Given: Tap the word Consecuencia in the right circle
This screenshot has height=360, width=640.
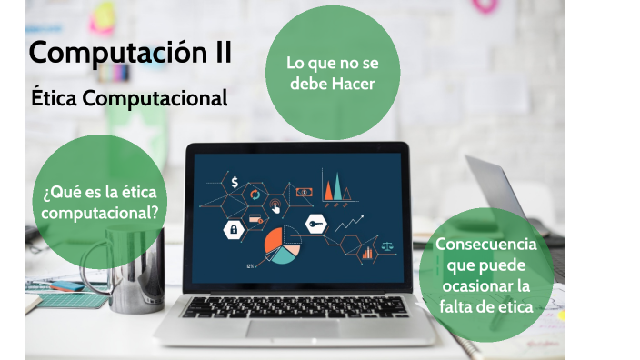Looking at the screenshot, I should (x=485, y=245).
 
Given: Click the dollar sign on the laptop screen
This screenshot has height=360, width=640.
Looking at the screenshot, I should (x=235, y=183).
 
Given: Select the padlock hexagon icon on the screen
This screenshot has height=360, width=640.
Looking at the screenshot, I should (x=234, y=228).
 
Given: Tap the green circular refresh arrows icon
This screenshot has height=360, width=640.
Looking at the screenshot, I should (x=255, y=195).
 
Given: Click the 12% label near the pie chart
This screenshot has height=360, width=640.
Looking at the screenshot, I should (x=249, y=265).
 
